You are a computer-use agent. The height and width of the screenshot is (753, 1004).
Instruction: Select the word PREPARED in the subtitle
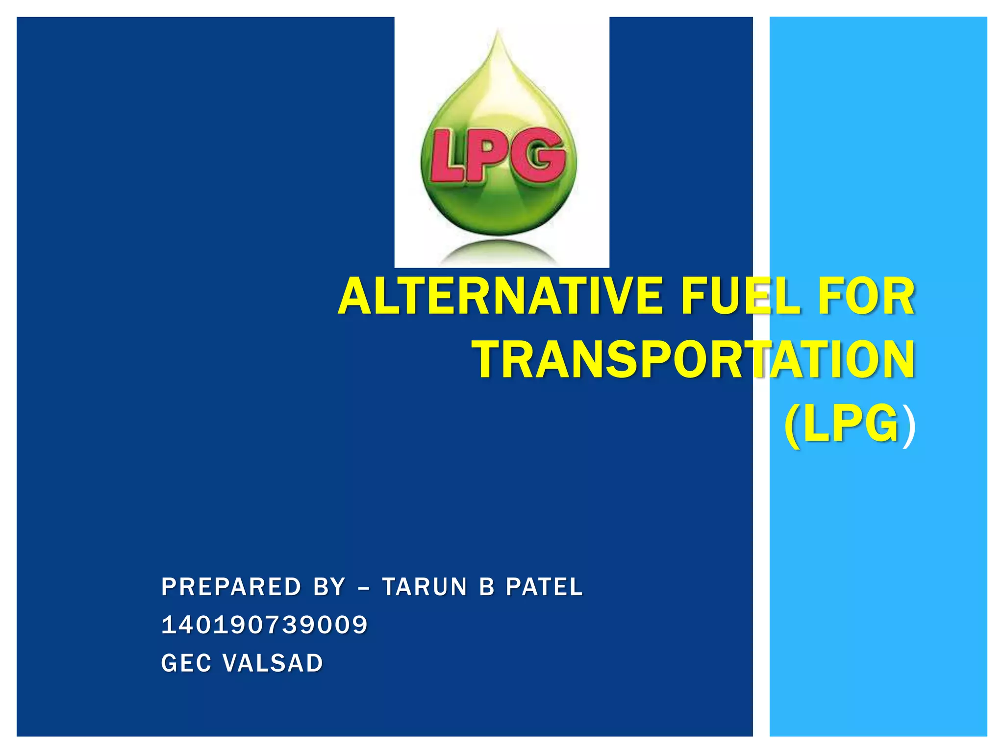[231, 587]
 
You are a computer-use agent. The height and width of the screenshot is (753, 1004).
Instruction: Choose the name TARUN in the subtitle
[425, 587]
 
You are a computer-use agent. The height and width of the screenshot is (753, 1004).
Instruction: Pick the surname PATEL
[544, 587]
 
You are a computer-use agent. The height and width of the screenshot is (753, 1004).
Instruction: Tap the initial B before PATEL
[486, 587]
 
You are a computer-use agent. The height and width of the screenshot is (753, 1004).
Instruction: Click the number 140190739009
[264, 625]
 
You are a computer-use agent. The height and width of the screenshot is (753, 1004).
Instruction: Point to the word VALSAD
[273, 663]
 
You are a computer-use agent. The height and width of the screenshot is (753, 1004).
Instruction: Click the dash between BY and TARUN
[364, 588]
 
